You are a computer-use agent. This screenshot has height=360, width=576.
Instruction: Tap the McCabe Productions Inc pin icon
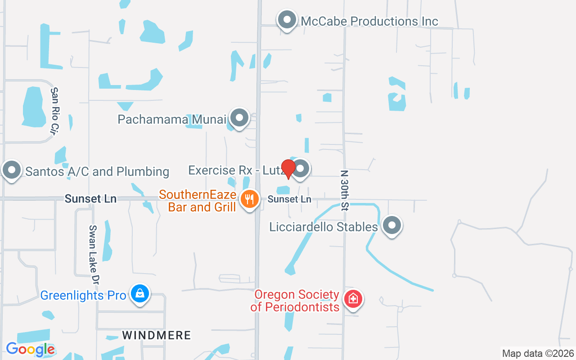tap(287, 20)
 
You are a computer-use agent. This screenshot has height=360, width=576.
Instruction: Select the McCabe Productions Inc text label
tap(369, 21)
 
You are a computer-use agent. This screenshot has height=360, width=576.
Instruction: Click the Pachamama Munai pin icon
tap(239, 118)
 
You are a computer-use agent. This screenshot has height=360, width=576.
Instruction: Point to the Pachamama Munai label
tap(172, 119)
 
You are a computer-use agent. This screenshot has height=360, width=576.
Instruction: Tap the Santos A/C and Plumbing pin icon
tap(12, 171)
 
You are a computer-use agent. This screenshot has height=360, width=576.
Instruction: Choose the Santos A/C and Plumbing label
tap(97, 171)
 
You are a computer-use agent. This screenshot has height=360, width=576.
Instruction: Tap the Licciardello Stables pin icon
tap(391, 225)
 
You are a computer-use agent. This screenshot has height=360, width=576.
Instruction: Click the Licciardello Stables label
tap(324, 227)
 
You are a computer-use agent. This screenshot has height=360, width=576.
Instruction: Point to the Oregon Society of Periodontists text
tap(295, 301)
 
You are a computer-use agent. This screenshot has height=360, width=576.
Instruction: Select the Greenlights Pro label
tap(83, 296)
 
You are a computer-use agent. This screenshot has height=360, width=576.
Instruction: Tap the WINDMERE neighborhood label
tap(157, 335)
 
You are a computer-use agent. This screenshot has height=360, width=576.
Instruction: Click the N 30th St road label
tap(345, 190)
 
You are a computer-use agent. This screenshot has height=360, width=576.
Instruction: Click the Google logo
tap(30, 349)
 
